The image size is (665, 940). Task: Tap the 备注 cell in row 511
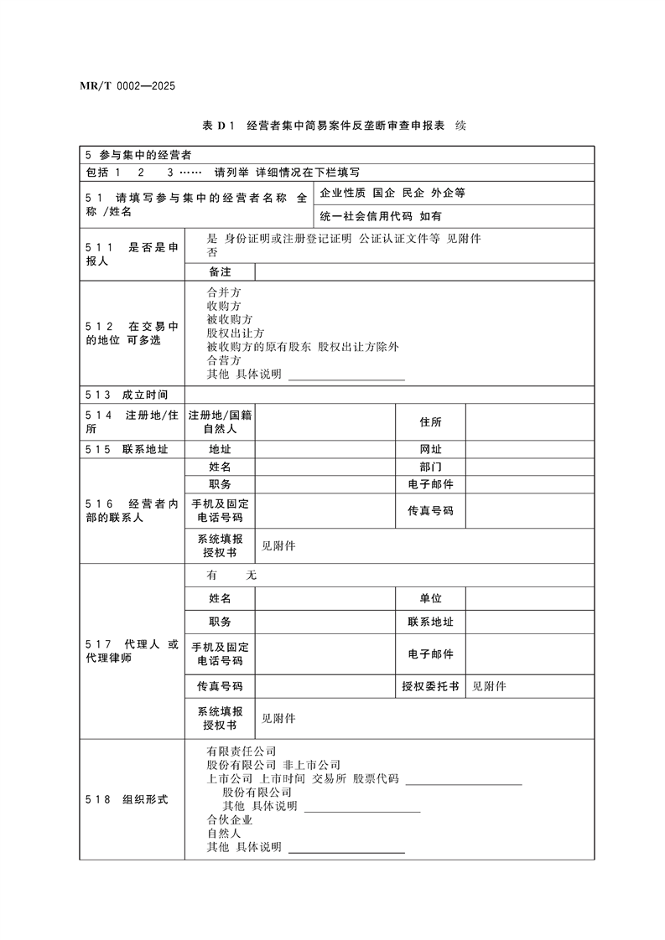(x=220, y=271)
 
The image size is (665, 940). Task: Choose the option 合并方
(x=223, y=292)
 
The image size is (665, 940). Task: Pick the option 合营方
(x=223, y=360)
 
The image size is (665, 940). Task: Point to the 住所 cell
(x=430, y=422)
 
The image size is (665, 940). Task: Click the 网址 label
(x=430, y=449)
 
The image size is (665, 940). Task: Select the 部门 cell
(x=430, y=467)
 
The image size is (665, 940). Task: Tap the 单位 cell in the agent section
(x=430, y=598)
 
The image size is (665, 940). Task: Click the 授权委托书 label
(x=430, y=686)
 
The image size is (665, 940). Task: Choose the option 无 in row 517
(x=251, y=576)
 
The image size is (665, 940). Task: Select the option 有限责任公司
(x=242, y=751)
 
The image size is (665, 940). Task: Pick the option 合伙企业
(x=229, y=819)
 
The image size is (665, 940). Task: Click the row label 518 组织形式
(x=127, y=799)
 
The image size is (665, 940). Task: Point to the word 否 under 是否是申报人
(x=211, y=252)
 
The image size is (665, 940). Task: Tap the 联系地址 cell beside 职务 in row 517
(x=430, y=622)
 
